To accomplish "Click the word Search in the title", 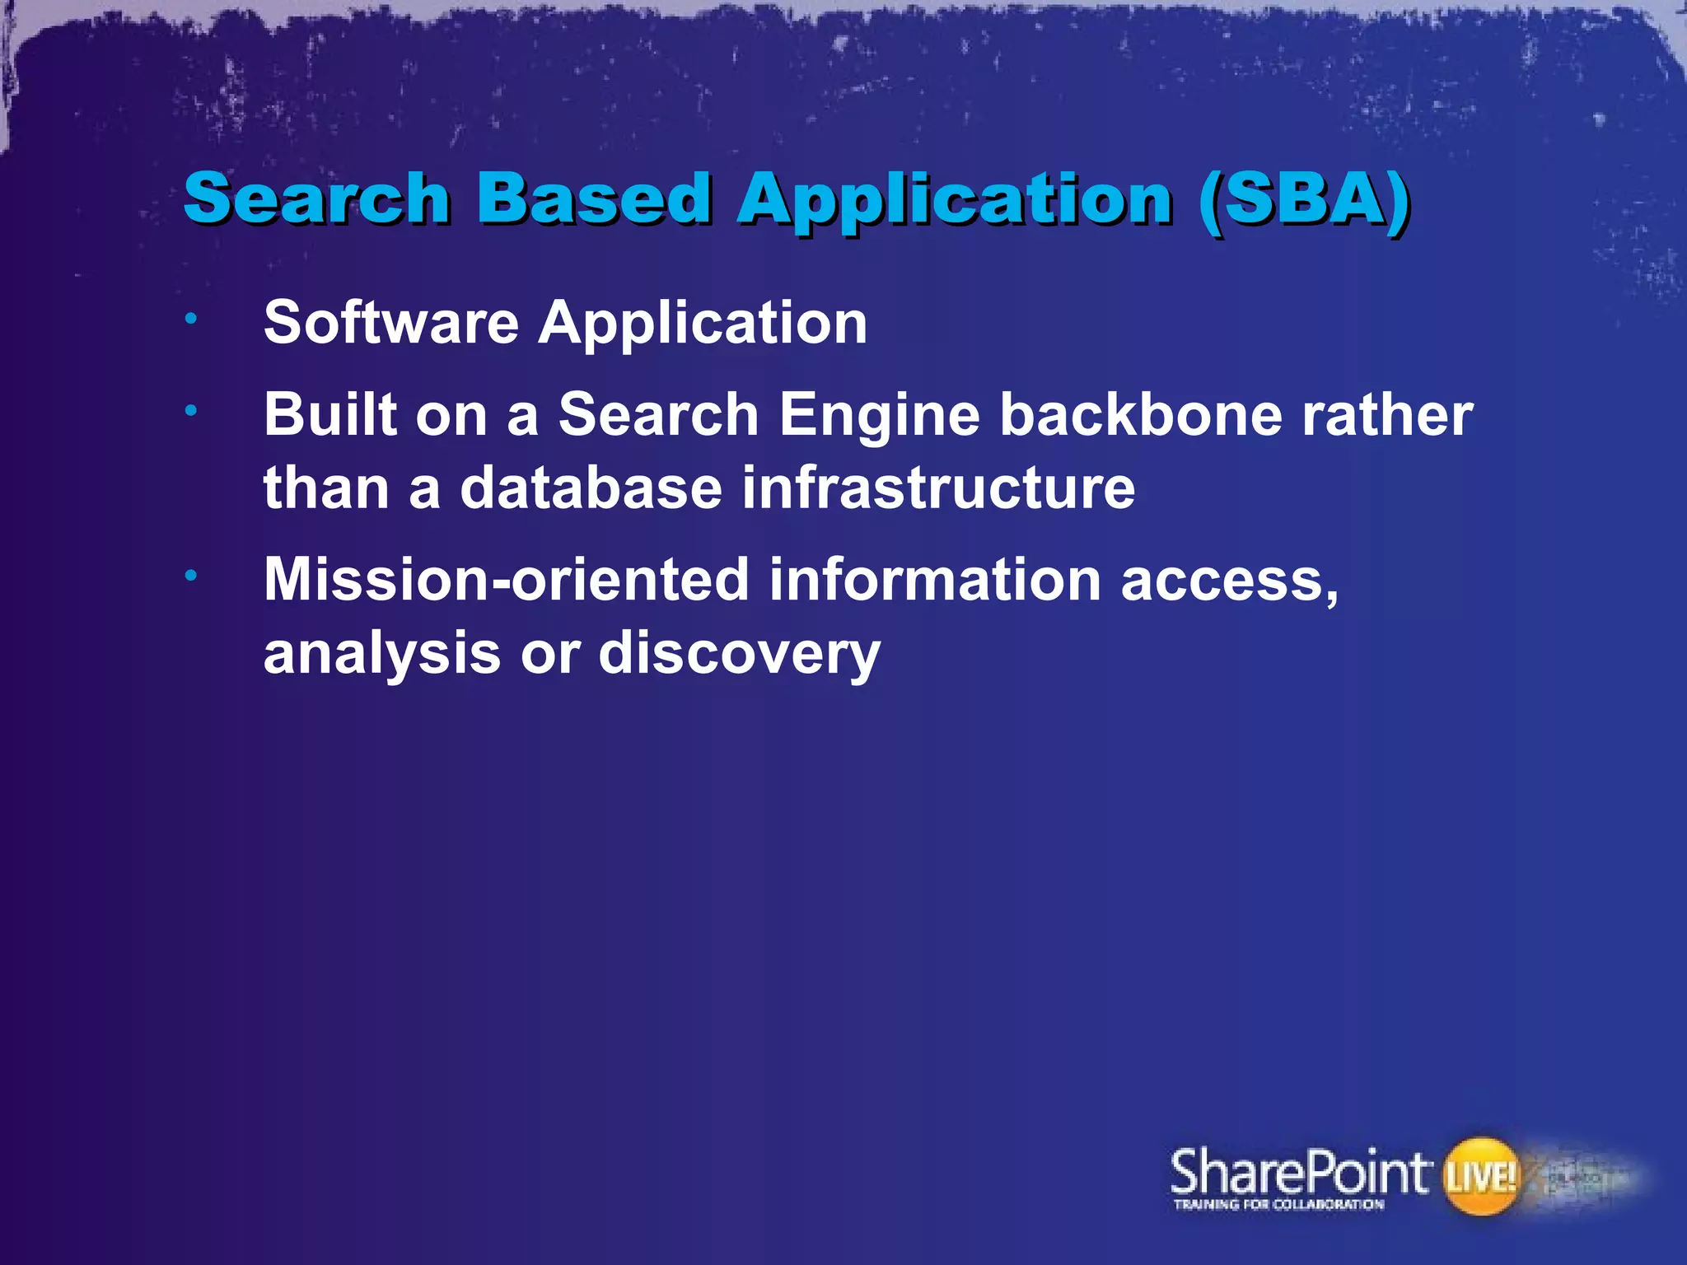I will pos(316,198).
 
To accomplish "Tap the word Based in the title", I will pos(594,198).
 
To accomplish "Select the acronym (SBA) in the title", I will pos(1305,198).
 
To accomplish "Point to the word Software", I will pos(390,322).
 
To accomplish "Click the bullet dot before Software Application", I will pos(190,318).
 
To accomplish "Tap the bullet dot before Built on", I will pos(190,410).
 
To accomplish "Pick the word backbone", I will pos(1140,414).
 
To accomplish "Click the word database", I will pos(591,488).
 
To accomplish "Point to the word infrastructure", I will pos(938,488).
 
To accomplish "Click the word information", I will pos(935,580).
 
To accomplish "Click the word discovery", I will pos(739,655).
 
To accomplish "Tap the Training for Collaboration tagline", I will pos(1278,1205).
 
